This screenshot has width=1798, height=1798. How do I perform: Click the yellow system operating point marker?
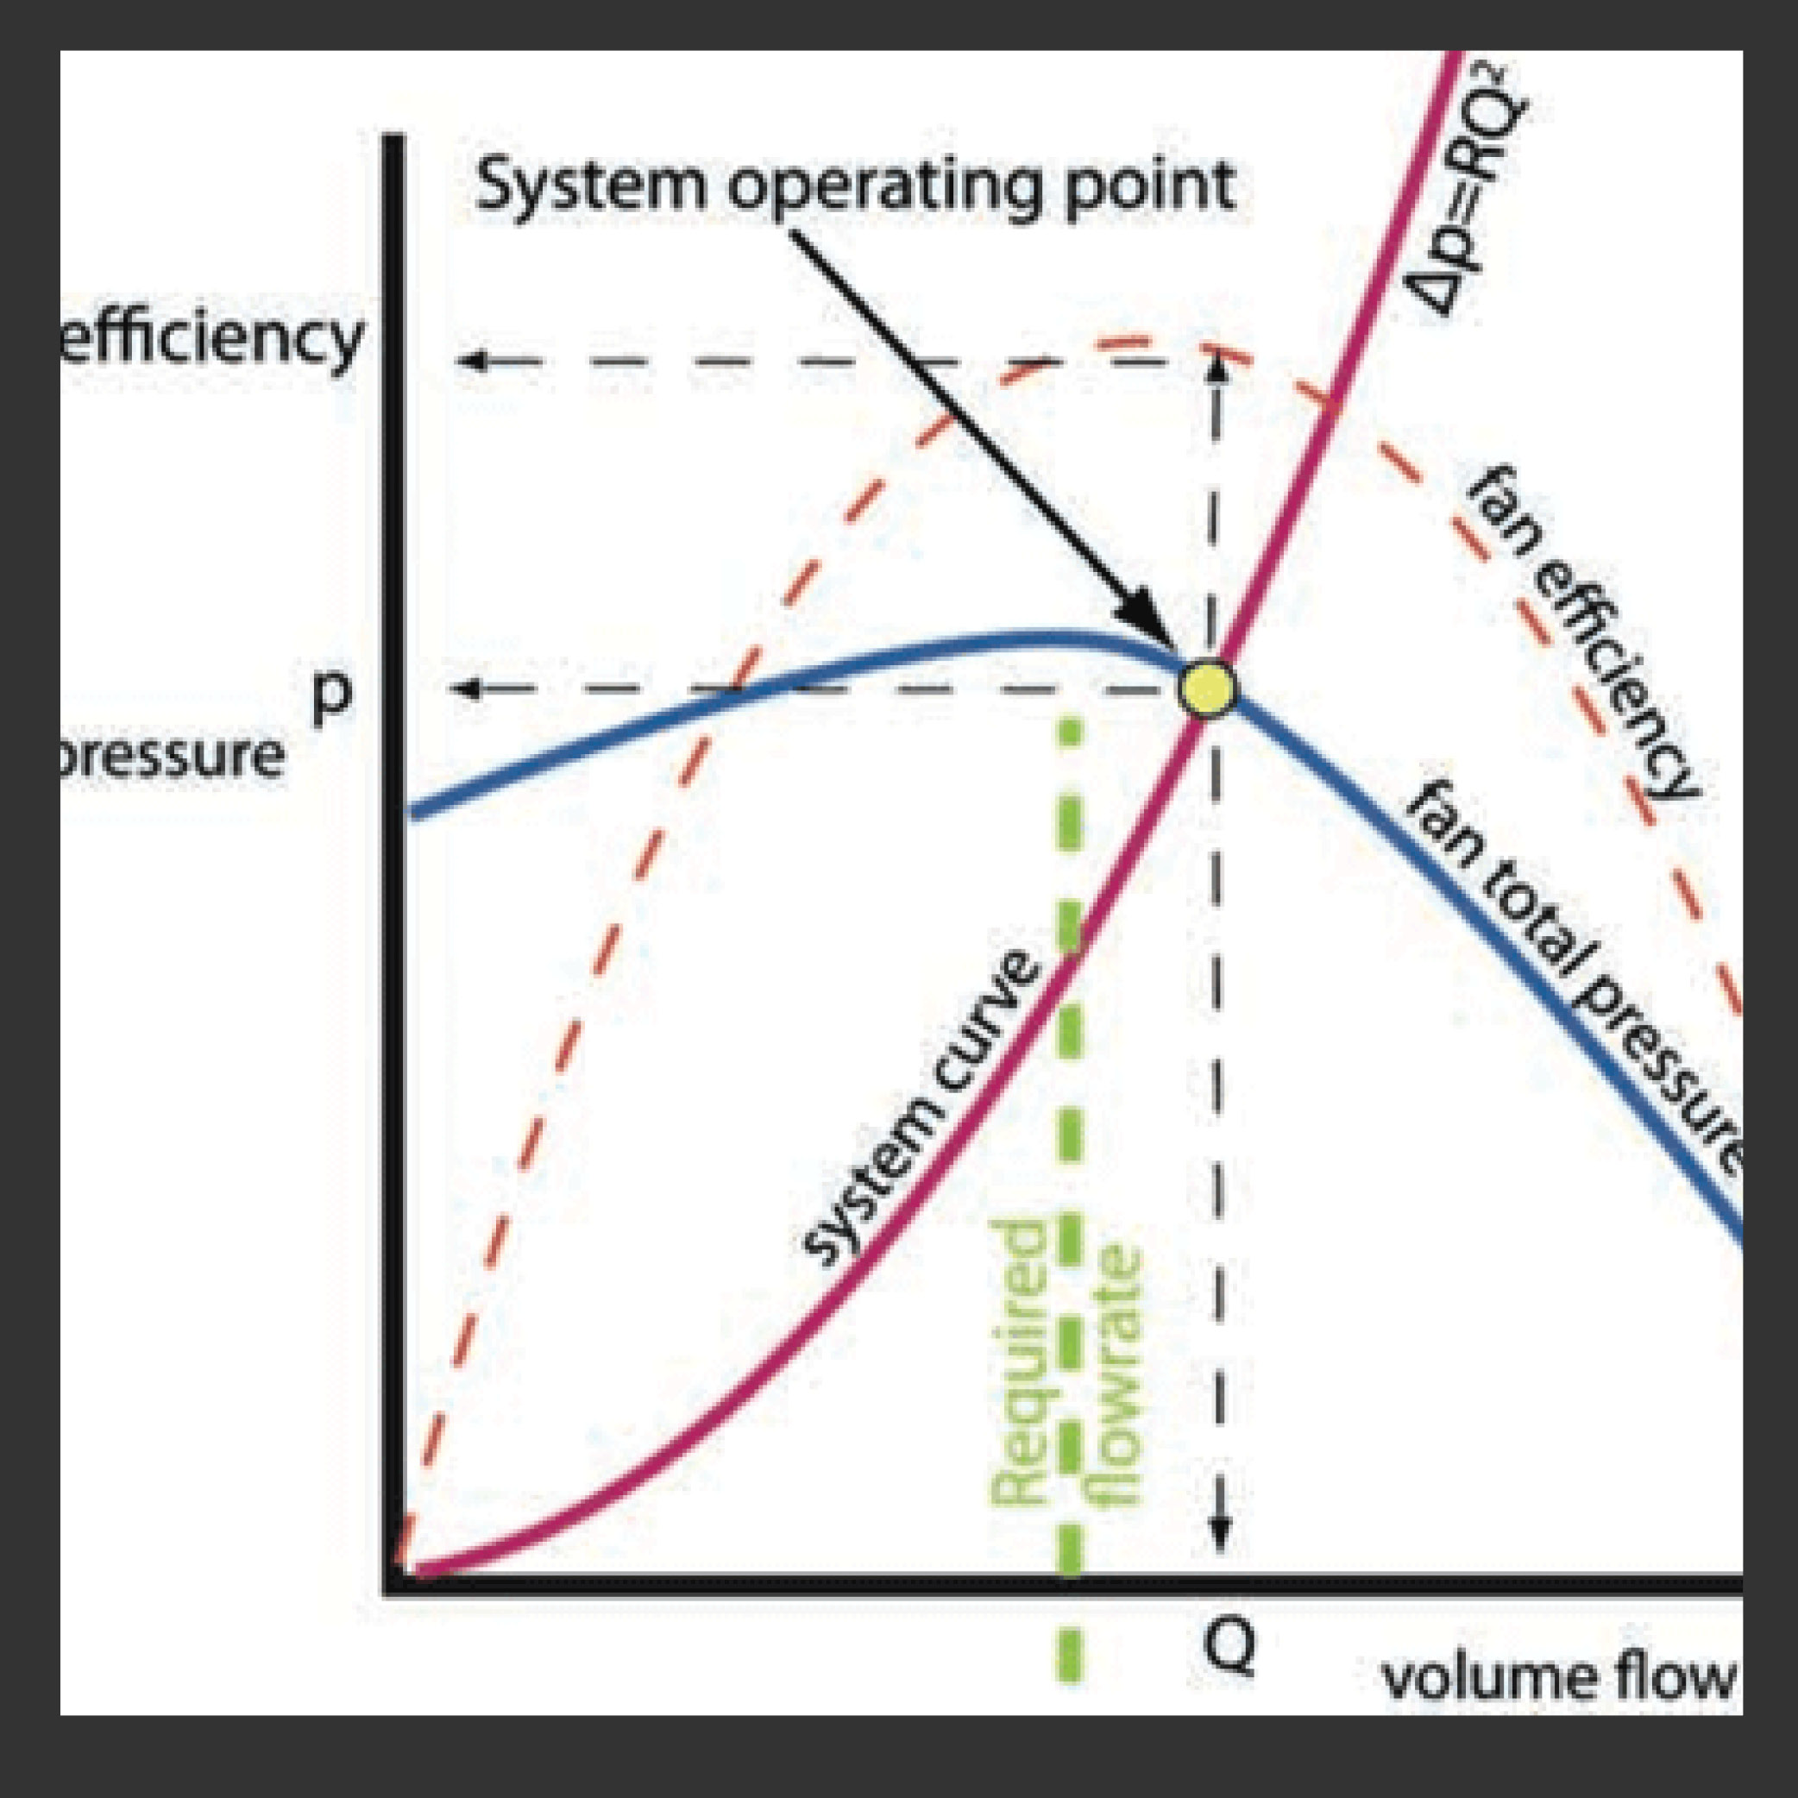pos(1207,689)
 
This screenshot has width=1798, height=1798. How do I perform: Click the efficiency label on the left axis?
pos(210,340)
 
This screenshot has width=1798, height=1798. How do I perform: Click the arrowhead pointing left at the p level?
pos(465,689)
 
